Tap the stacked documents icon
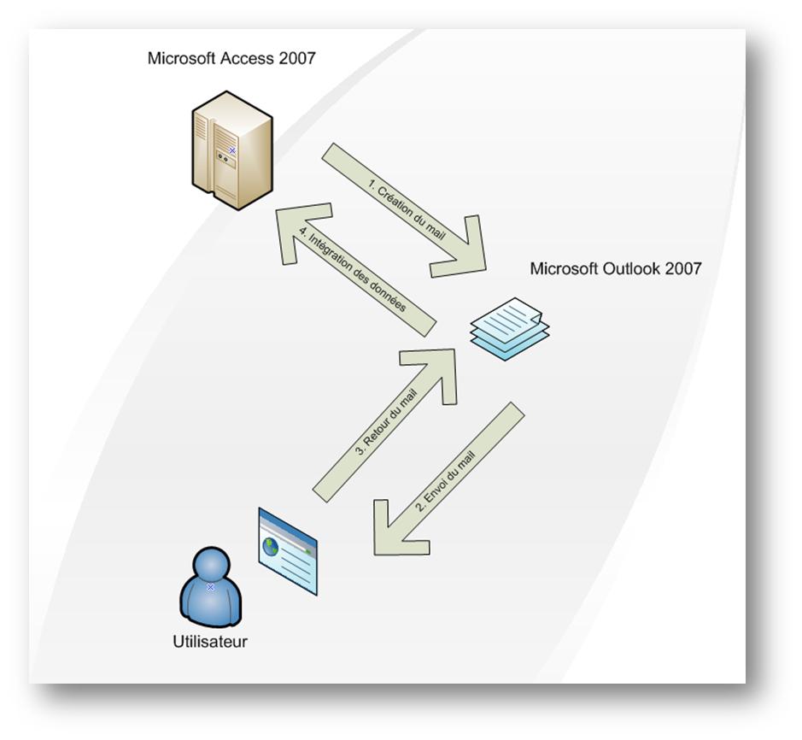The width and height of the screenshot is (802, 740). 511,328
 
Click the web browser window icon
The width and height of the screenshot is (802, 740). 288,550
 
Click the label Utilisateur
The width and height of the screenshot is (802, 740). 210,641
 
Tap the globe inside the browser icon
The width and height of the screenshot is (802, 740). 272,545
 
